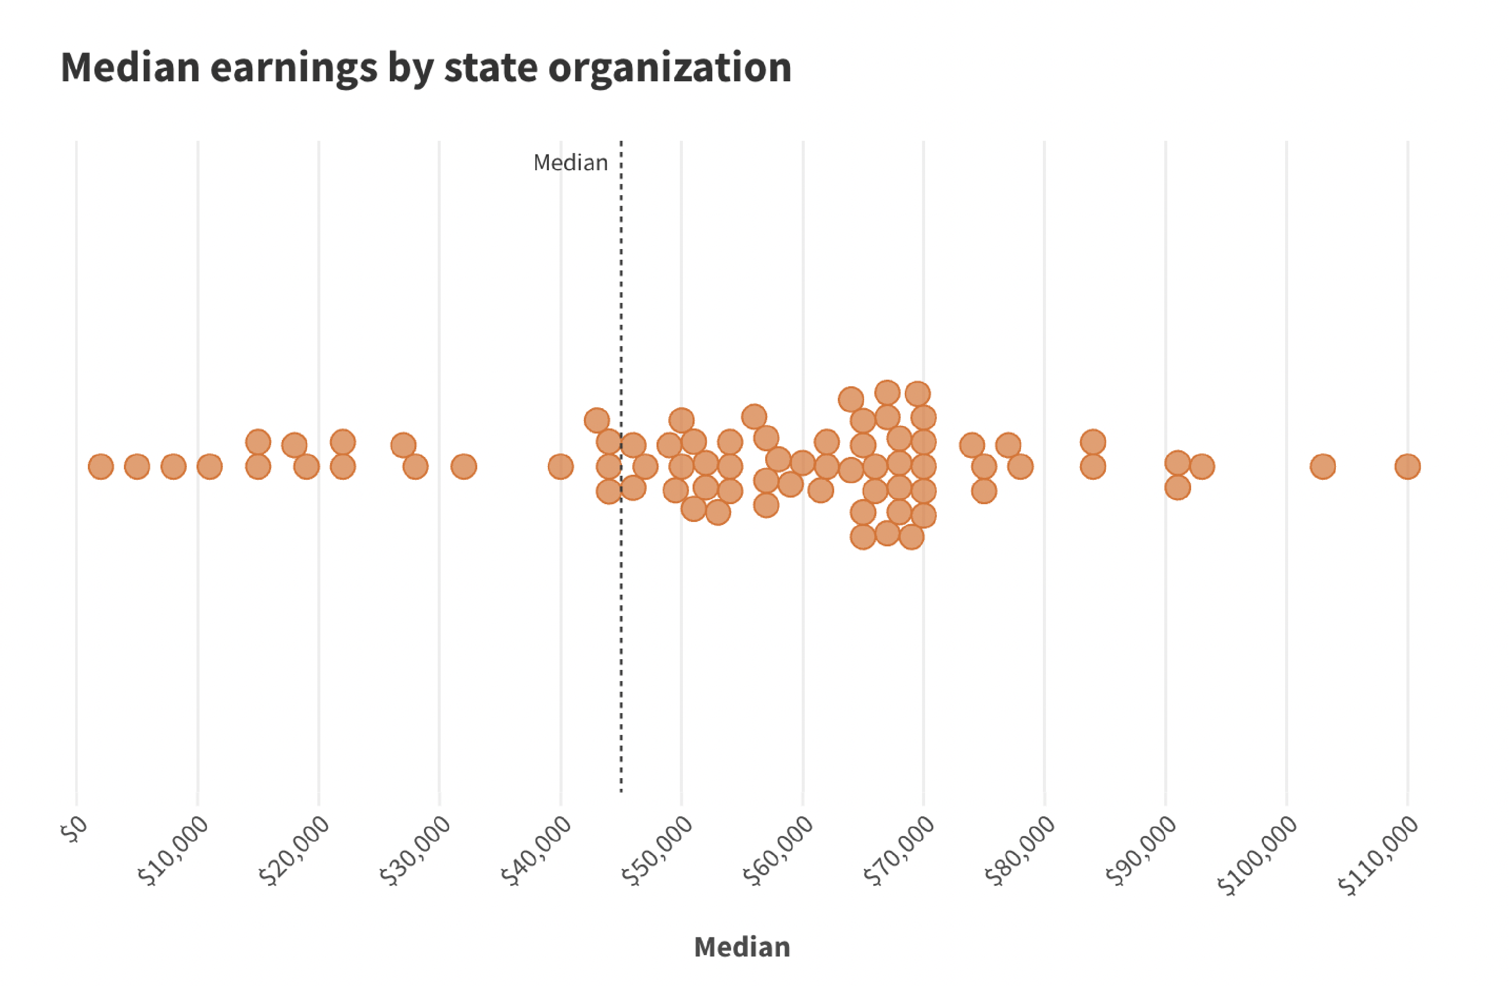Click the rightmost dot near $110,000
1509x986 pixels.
click(x=1407, y=467)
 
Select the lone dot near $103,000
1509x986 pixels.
click(x=1322, y=467)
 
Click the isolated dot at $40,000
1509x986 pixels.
click(x=561, y=467)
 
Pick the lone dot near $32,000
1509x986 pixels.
click(x=464, y=467)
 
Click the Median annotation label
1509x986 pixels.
click(x=570, y=163)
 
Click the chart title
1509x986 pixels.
click(x=426, y=67)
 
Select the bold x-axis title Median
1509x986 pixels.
click(x=742, y=947)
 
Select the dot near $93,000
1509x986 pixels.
click(x=1201, y=467)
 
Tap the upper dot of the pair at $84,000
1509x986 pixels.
click(x=1093, y=442)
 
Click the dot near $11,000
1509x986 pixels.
click(x=210, y=467)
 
